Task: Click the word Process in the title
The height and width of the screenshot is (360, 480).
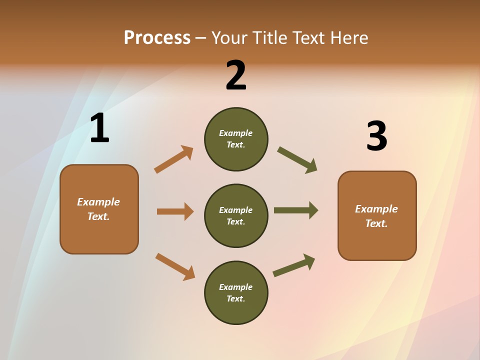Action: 157,38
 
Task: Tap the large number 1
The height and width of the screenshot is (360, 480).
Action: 99,128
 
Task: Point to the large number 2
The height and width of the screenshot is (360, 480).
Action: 236,75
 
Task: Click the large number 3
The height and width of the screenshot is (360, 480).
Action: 376,136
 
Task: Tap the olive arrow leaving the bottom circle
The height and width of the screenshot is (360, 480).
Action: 294,265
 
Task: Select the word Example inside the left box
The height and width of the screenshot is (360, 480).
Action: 98,202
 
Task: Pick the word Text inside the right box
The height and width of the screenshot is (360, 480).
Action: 375,223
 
